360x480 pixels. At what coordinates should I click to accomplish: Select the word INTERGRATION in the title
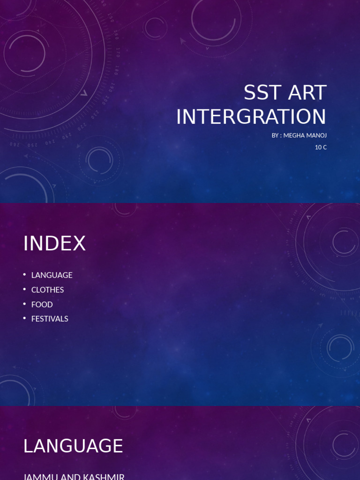pos(251,117)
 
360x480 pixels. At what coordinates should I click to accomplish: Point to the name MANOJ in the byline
pos(317,135)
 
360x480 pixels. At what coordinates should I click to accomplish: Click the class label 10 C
pos(321,147)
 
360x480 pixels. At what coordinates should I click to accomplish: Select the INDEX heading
pos(54,244)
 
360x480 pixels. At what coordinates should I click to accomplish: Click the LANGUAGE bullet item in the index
pos(52,275)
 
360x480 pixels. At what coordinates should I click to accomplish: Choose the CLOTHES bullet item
pos(47,290)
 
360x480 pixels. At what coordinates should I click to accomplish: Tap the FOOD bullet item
pos(42,304)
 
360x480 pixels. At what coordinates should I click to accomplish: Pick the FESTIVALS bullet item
pos(50,319)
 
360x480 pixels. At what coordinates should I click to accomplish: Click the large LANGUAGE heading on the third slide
pos(73,446)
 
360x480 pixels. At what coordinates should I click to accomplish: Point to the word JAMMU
pos(38,476)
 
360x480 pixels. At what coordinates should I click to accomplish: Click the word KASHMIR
pos(105,476)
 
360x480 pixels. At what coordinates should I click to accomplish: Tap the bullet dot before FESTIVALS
pos(24,318)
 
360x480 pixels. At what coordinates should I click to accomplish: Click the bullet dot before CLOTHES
pos(24,289)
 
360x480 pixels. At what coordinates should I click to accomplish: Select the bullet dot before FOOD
pos(24,303)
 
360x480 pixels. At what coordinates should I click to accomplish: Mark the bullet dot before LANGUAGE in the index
pos(24,274)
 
